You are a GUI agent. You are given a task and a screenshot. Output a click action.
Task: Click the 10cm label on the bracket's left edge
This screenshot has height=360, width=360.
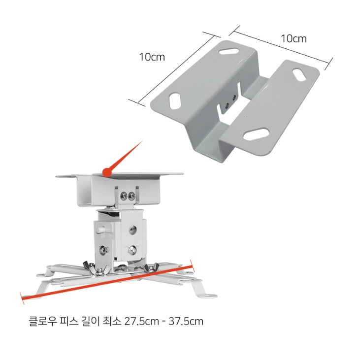point(152,57)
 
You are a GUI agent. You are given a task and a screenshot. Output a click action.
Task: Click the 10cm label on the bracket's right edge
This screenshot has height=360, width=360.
point(294,39)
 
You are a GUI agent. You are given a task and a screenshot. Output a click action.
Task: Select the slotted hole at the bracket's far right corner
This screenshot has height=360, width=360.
point(299,75)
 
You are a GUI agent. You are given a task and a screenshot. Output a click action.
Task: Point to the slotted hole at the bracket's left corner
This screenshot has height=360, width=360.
point(175,100)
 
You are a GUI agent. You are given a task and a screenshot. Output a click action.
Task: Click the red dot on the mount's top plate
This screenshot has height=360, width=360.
point(107,172)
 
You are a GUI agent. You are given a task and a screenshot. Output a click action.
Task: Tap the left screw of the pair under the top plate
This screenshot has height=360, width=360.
point(124,196)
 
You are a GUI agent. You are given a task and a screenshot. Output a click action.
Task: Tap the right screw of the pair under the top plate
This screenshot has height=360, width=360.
point(131,196)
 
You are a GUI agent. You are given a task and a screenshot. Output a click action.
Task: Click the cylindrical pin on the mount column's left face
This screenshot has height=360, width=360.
point(101,229)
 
